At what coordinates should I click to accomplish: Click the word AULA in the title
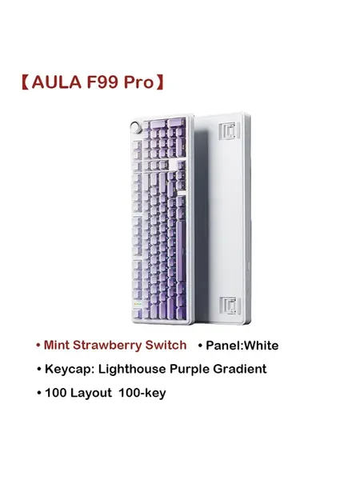pyautogui.click(x=57, y=82)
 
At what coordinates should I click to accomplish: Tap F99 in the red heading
pyautogui.click(x=102, y=82)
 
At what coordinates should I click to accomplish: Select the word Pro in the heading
pyautogui.click(x=138, y=82)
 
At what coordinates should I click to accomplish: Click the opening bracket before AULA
pyautogui.click(x=26, y=82)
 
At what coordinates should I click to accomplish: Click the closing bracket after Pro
pyautogui.click(x=160, y=82)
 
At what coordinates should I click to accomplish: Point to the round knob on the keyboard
pyautogui.click(x=135, y=127)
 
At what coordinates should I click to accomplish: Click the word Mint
pyautogui.click(x=56, y=345)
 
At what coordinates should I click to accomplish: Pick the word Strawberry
pyautogui.click(x=107, y=346)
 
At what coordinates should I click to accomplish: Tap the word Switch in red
pyautogui.click(x=166, y=345)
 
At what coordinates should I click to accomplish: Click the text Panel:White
pyautogui.click(x=242, y=346)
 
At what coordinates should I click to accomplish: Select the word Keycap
pyautogui.click(x=69, y=370)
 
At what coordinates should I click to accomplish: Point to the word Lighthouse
pyautogui.click(x=132, y=369)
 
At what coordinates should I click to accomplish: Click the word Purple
pyautogui.click(x=190, y=370)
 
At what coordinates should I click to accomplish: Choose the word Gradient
pyautogui.click(x=240, y=369)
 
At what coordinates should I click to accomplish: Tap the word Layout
pyautogui.click(x=91, y=393)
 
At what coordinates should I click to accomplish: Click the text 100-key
pyautogui.click(x=142, y=393)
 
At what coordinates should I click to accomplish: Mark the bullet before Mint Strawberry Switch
pyautogui.click(x=38, y=346)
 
